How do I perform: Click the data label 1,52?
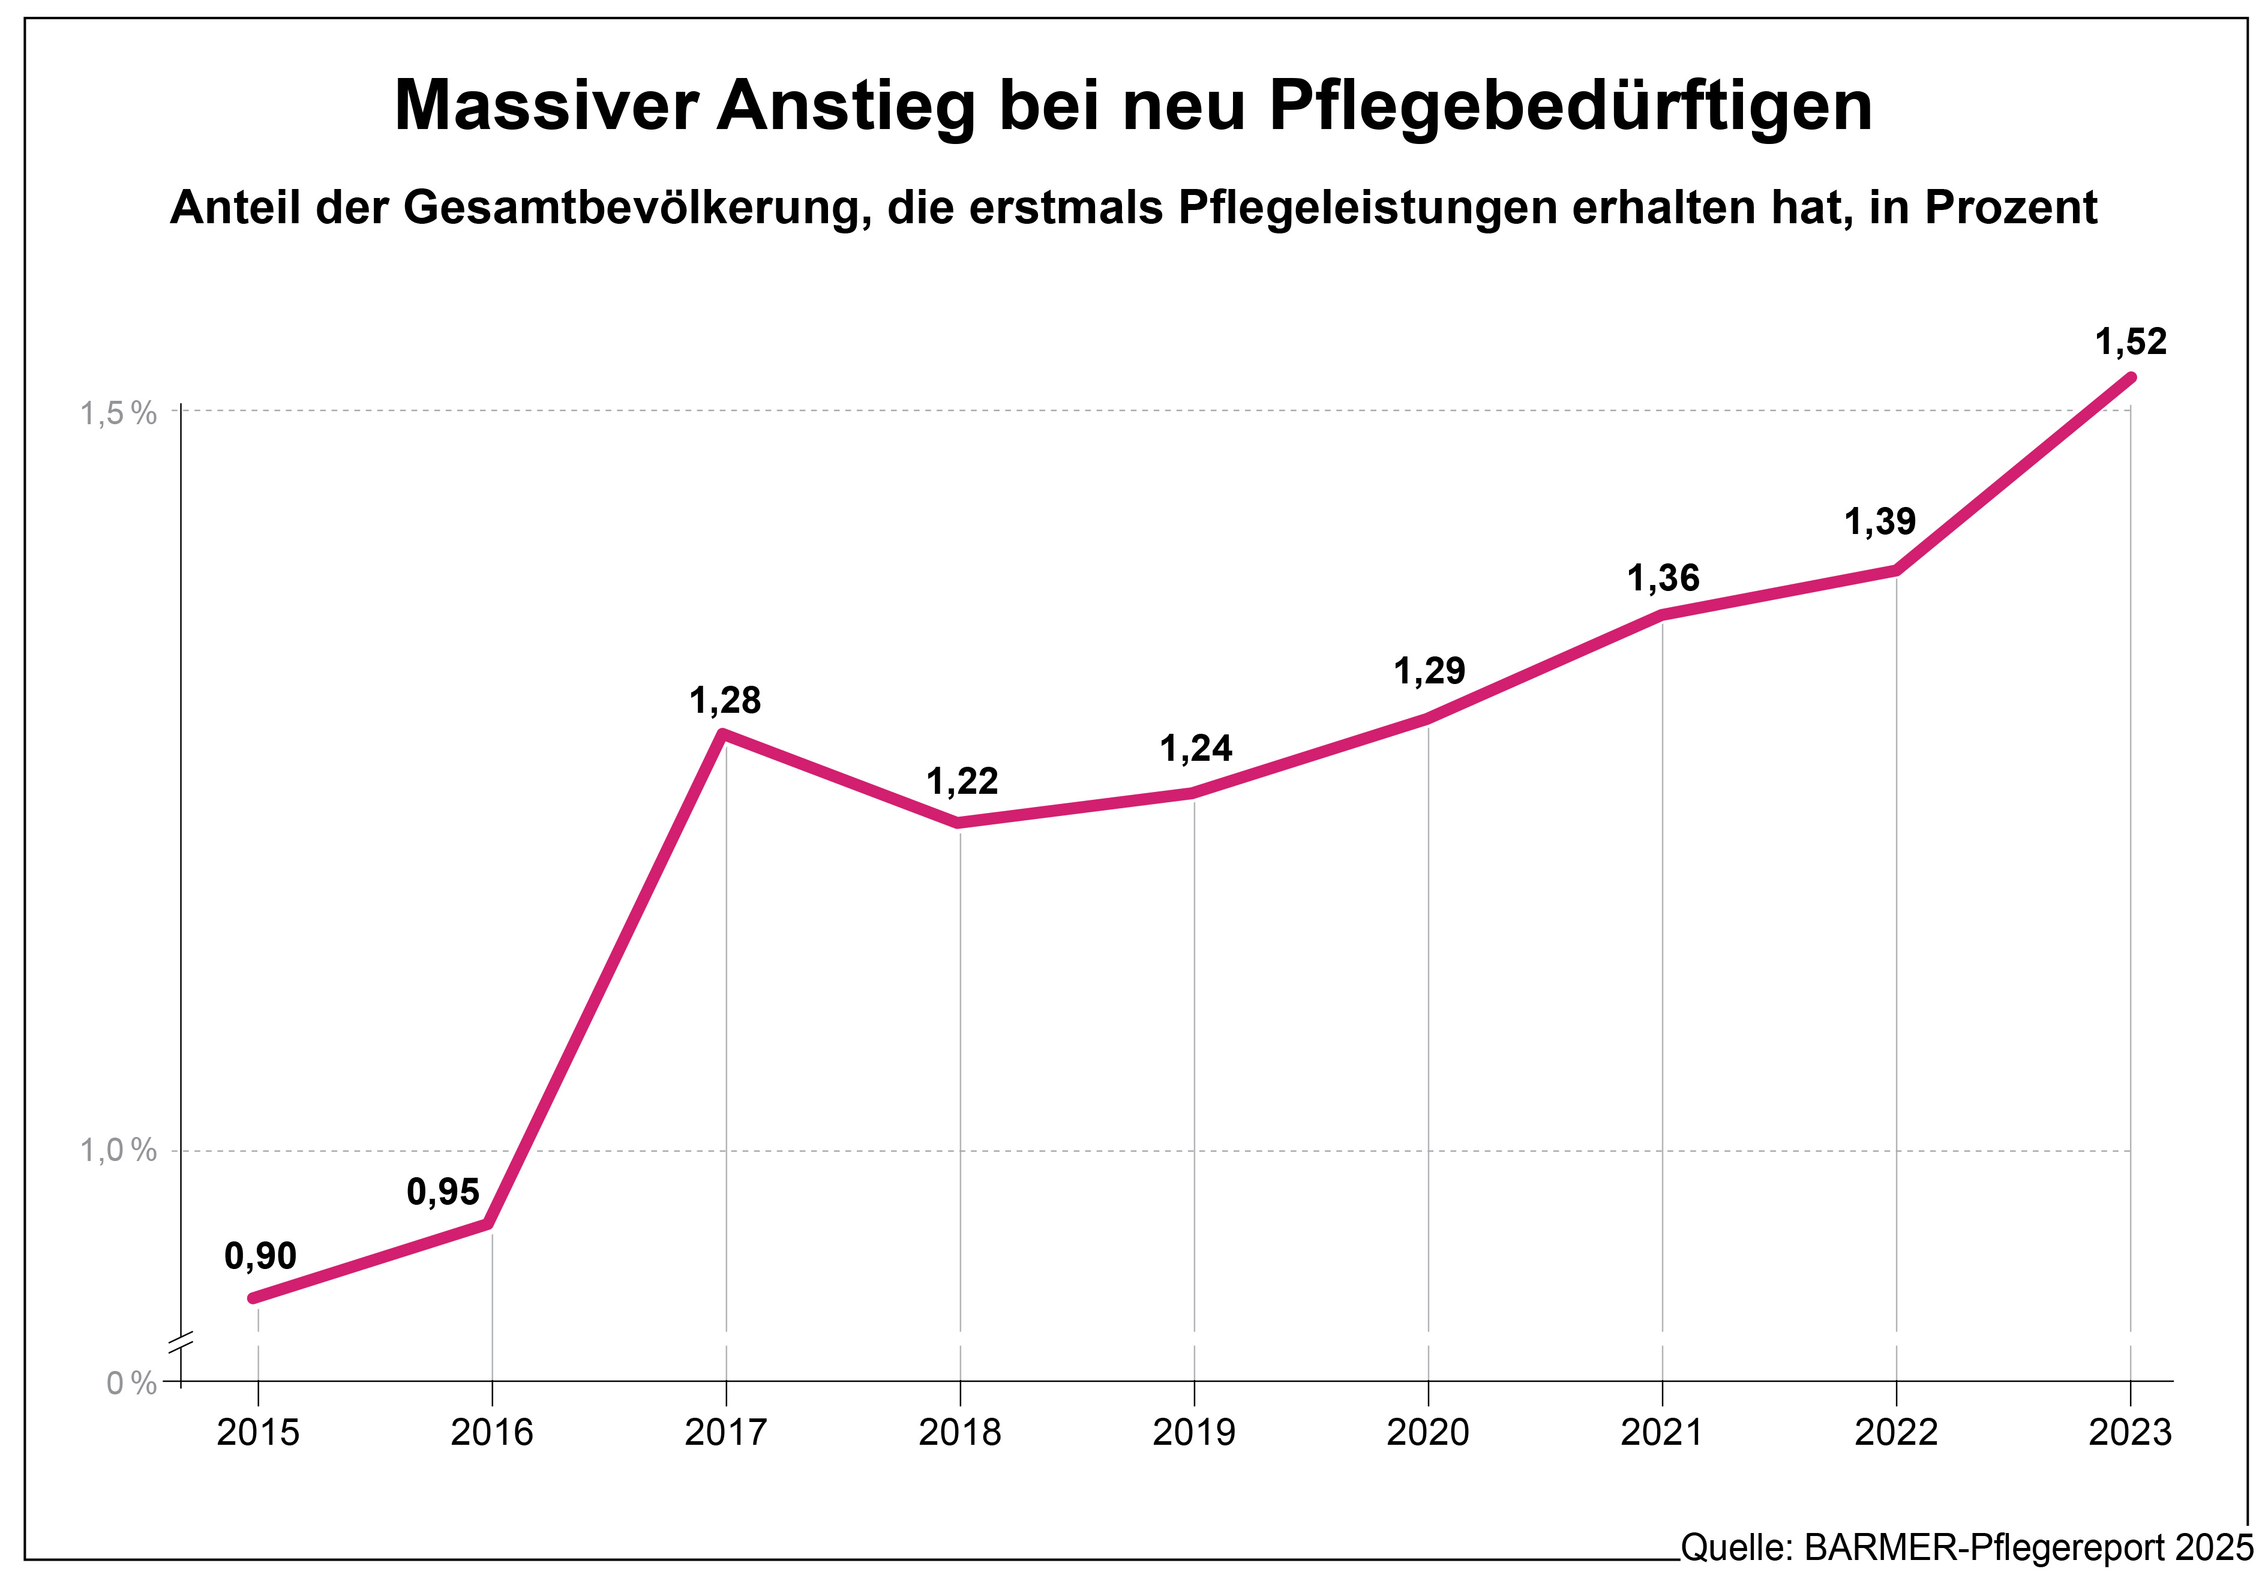[x=2130, y=342]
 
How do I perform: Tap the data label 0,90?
[x=260, y=1256]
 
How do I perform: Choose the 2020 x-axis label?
[x=1427, y=1432]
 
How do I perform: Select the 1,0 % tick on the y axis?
[x=118, y=1150]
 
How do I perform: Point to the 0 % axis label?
[x=131, y=1383]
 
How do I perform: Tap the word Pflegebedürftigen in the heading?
[x=1571, y=106]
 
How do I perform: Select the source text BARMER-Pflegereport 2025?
[x=2028, y=1547]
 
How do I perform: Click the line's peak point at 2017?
[x=723, y=733]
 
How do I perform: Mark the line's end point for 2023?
[x=2131, y=377]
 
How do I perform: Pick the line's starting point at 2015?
[x=254, y=1298]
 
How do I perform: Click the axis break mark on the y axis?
[x=181, y=1339]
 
